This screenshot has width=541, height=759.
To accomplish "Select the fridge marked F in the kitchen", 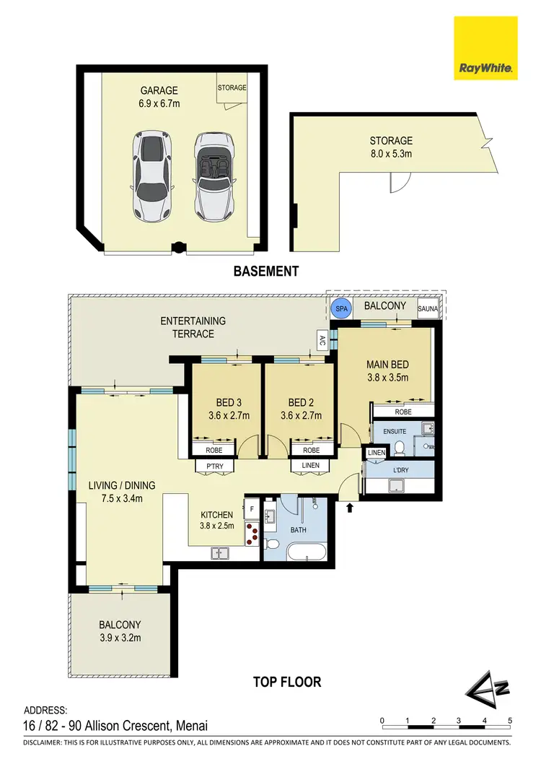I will click(251, 508).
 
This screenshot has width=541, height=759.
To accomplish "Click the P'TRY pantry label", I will click(214, 466).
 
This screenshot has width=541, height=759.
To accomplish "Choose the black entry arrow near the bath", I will click(351, 508).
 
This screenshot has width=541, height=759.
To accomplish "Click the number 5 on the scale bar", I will click(510, 720).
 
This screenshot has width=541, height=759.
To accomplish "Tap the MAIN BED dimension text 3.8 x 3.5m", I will click(388, 377).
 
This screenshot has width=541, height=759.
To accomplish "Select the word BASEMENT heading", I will click(265, 272).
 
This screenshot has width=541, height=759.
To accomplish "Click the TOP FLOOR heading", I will click(286, 681).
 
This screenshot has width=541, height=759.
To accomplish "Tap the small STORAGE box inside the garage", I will click(232, 89).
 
